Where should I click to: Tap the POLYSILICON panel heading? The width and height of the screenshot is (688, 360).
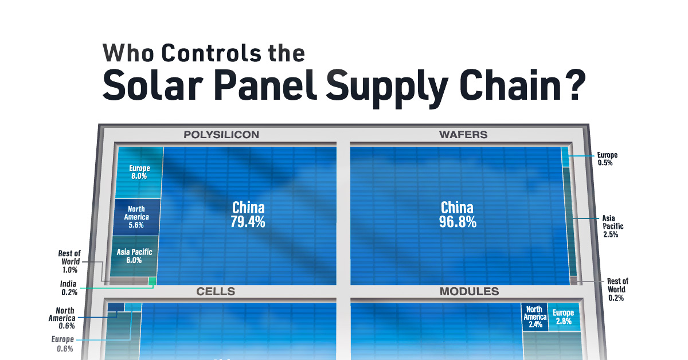point(221,135)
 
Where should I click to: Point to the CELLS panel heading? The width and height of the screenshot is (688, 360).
point(216,292)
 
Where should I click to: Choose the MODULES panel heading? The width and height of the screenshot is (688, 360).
point(469,292)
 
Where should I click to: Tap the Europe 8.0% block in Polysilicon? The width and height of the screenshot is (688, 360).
point(139,172)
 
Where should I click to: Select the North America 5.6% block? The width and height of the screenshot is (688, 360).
point(136,217)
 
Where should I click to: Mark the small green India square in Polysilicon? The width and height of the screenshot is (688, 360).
point(153,281)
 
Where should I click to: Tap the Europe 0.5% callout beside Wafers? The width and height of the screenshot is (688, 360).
point(607,159)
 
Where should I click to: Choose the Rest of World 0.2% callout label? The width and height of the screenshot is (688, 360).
point(617,289)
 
